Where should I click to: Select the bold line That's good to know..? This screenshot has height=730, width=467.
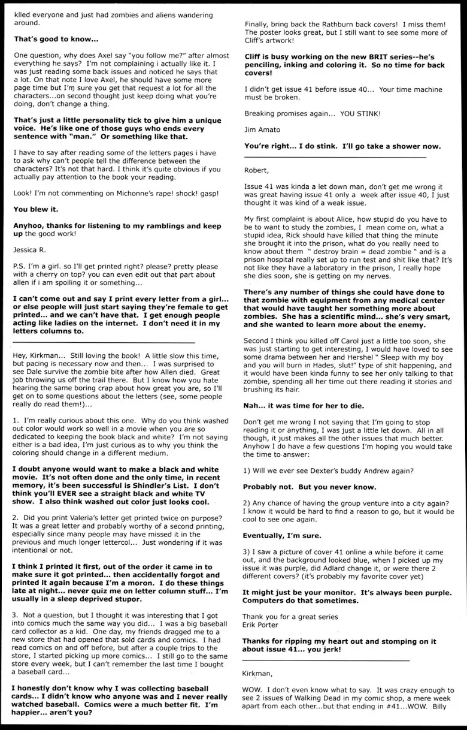pyautogui.click(x=56, y=39)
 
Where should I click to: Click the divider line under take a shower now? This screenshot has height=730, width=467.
pyautogui.click(x=335, y=156)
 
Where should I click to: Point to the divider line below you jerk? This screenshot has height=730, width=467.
pyautogui.click(x=326, y=660)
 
